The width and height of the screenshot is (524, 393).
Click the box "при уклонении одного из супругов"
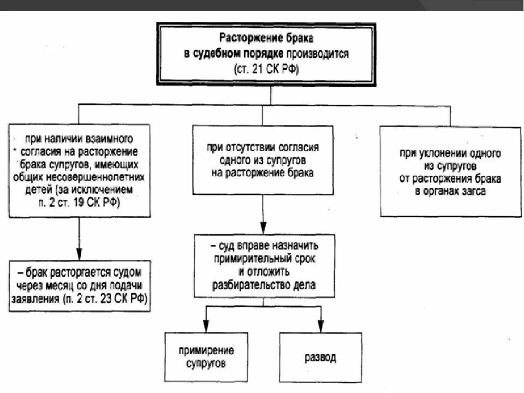(450, 171)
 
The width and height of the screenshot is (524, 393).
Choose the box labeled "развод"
(320, 358)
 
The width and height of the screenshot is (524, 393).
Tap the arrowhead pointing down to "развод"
(321, 327)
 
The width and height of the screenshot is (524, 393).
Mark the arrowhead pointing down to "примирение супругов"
(206, 327)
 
